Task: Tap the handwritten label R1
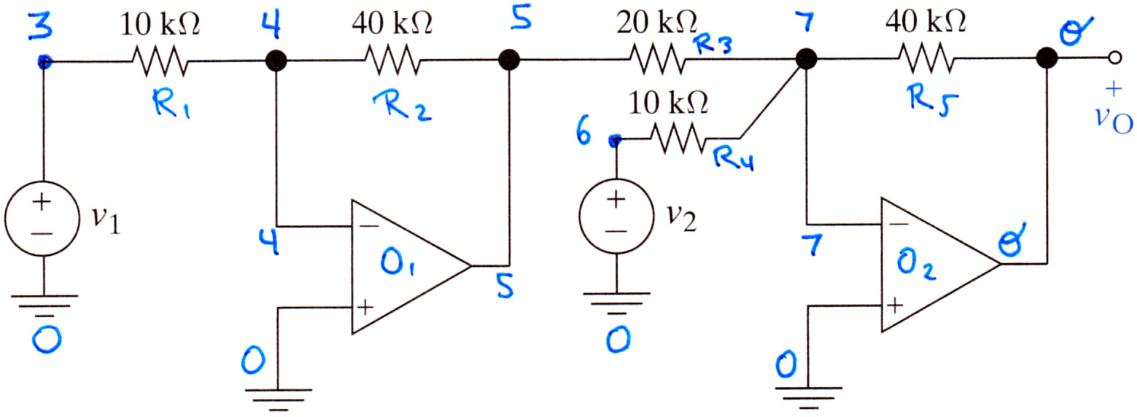[171, 104]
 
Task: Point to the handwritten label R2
[402, 106]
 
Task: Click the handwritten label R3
[713, 45]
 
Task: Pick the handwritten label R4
[734, 159]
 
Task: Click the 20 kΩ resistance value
[657, 22]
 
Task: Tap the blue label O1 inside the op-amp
[397, 262]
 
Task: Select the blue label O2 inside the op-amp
[915, 266]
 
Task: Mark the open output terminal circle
[1114, 58]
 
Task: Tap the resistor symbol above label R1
[160, 61]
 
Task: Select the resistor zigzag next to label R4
[678, 138]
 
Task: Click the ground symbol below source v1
[44, 305]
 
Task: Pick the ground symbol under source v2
[616, 303]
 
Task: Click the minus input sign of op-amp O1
[370, 225]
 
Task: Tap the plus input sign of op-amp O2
[895, 305]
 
